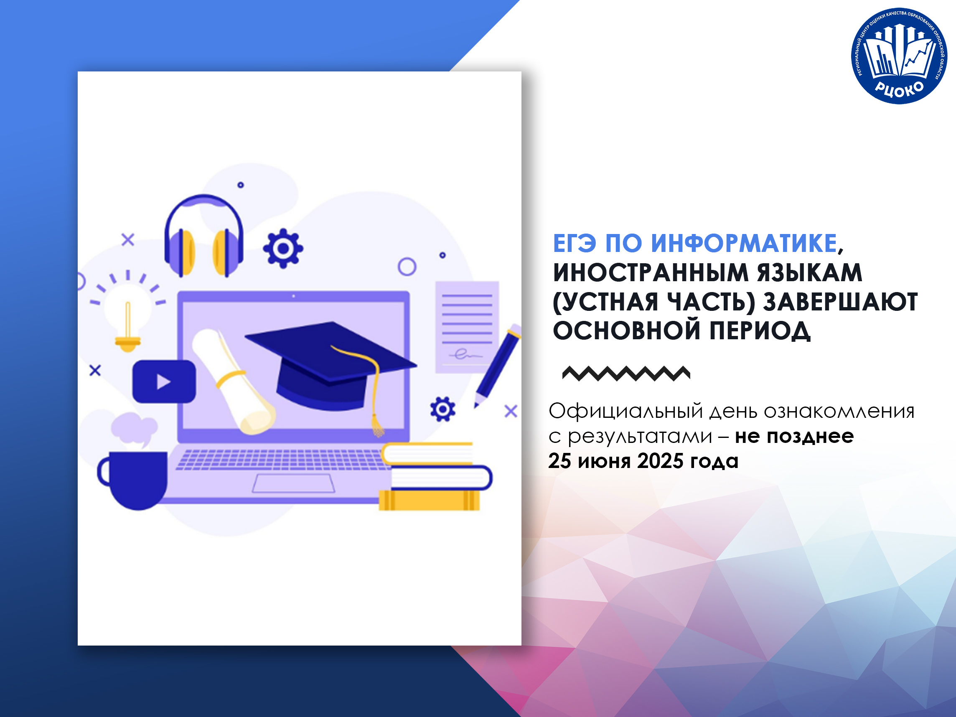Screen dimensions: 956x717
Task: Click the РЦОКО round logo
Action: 899,56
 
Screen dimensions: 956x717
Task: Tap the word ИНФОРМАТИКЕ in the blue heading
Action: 744,243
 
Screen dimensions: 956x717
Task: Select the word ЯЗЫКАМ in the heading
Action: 809,272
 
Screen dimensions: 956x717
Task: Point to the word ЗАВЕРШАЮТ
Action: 840,302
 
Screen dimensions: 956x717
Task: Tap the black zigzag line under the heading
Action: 626,374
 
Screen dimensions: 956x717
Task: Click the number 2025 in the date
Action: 660,461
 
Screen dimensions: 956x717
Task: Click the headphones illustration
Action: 204,236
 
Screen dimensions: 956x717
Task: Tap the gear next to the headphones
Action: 283,248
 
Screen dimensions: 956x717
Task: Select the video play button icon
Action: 164,381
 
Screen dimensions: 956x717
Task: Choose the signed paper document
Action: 467,327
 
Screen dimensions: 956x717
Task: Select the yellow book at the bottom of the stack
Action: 429,501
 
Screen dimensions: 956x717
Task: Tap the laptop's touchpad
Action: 293,483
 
